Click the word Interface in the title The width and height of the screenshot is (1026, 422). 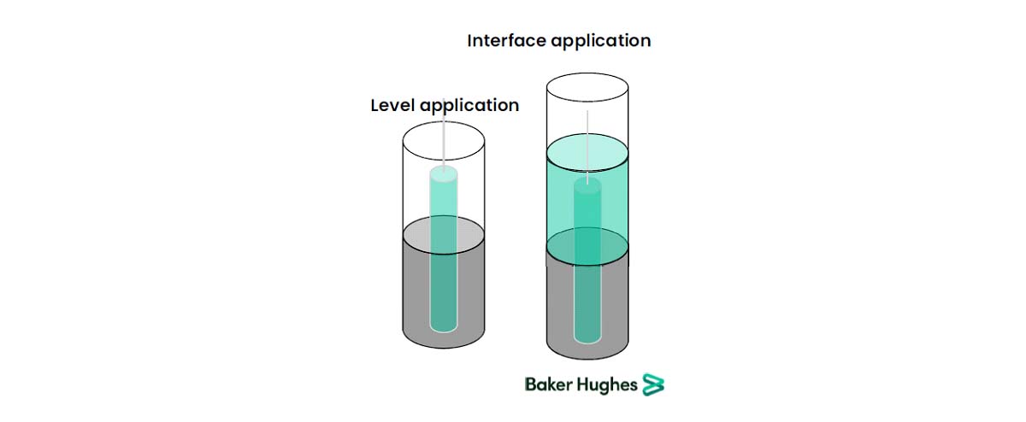tap(506, 41)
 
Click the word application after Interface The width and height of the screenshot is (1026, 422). tap(601, 42)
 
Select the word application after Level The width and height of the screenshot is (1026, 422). tap(469, 106)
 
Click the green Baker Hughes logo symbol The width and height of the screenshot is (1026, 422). tap(653, 384)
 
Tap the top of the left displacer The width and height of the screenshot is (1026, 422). tap(444, 174)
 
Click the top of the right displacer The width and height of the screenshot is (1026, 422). tap(587, 185)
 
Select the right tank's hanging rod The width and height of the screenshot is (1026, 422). tap(587, 146)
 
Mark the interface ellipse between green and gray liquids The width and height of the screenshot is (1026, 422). tap(587, 247)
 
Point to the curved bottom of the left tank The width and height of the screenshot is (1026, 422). tap(444, 348)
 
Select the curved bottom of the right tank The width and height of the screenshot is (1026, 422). tap(587, 359)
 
